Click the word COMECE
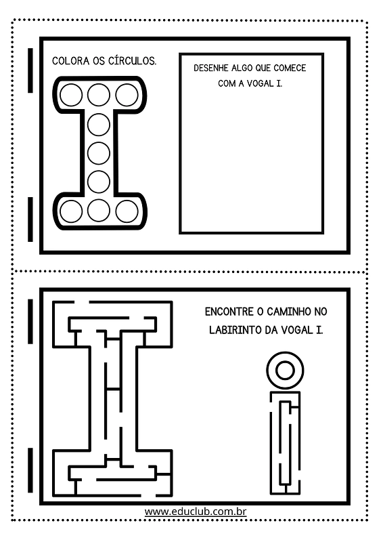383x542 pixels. pyautogui.click(x=290, y=68)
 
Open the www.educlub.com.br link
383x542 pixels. pyautogui.click(x=196, y=512)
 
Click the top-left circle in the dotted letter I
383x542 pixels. pyautogui.click(x=71, y=95)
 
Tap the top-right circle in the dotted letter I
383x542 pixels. pyautogui.click(x=127, y=95)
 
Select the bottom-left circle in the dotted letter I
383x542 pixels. pyautogui.click(x=71, y=211)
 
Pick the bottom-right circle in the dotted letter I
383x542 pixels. pyautogui.click(x=127, y=211)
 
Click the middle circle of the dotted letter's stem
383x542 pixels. pyautogui.click(x=99, y=153)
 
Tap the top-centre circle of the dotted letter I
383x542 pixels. pyautogui.click(x=99, y=95)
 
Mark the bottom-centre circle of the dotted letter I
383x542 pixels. pyautogui.click(x=99, y=211)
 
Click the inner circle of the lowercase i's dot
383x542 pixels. pyautogui.click(x=286, y=370)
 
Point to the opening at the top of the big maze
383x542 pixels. pyautogui.click(x=82, y=302)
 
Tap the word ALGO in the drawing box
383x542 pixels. pyautogui.click(x=242, y=68)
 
